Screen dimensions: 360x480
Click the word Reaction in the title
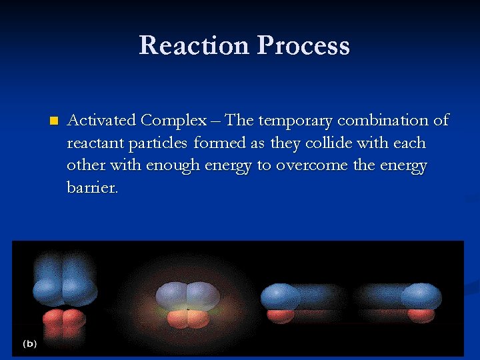click(x=194, y=45)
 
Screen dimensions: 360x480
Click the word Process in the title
click(x=303, y=45)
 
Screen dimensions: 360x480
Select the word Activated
click(x=102, y=121)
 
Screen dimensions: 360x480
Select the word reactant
click(x=92, y=143)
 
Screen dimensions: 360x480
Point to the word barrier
click(x=92, y=189)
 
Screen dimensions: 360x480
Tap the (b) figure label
click(x=30, y=344)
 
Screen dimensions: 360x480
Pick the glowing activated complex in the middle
click(x=187, y=303)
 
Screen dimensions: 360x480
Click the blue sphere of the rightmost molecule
click(x=421, y=296)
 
